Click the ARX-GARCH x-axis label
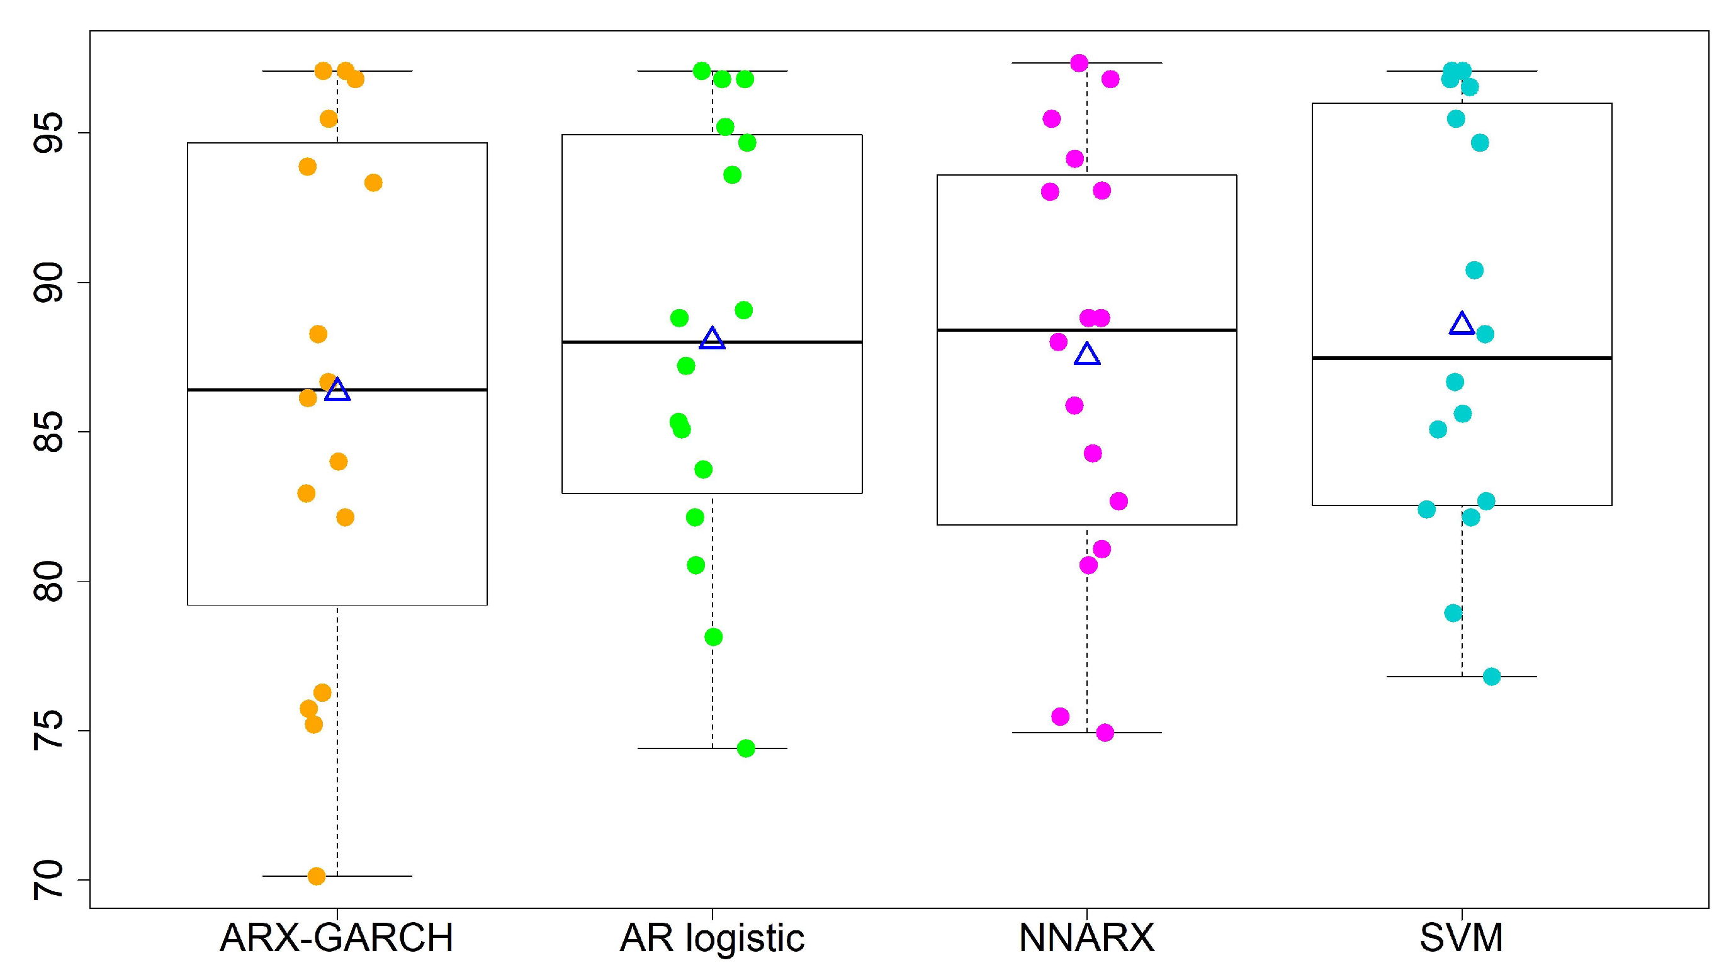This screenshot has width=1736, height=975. point(336,937)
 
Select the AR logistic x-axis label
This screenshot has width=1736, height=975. point(712,937)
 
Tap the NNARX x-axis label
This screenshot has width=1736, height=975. point(1086,937)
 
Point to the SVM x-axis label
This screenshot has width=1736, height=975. point(1461,937)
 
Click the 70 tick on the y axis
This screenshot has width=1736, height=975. point(48,880)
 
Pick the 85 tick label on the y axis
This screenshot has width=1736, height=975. point(48,432)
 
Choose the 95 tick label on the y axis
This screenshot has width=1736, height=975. point(48,133)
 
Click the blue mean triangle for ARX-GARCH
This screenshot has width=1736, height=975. point(337,390)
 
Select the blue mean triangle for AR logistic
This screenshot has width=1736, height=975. point(713,339)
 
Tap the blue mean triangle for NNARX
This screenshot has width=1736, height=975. point(1087,354)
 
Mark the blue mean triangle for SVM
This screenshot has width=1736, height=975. point(1462,324)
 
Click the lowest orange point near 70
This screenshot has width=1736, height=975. point(316,876)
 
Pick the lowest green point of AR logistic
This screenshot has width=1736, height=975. point(745,748)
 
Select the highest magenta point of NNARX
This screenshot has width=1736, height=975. point(1079,64)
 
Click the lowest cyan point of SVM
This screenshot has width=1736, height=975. point(1491,677)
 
